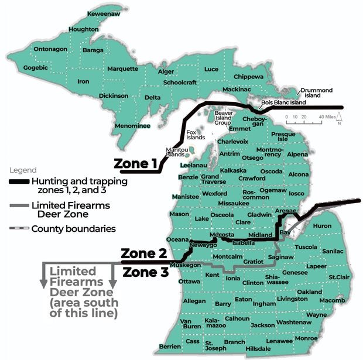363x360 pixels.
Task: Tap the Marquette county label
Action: click(x=121, y=68)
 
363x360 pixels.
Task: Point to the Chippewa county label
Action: click(x=249, y=77)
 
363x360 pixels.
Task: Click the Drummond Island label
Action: click(x=317, y=92)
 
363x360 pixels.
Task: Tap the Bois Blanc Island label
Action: click(x=283, y=102)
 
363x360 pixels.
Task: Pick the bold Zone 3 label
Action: click(x=144, y=272)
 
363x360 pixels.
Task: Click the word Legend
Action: click(x=22, y=170)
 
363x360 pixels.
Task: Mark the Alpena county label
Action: click(x=297, y=155)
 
